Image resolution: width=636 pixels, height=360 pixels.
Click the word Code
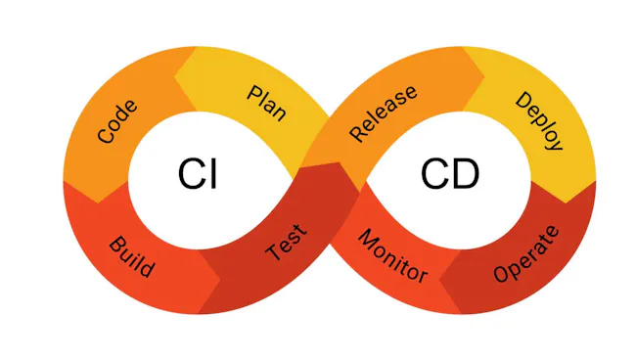point(117,121)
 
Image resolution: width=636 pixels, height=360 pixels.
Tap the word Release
point(384,112)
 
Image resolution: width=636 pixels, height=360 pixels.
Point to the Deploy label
point(538,121)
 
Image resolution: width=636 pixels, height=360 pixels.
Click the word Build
point(130,255)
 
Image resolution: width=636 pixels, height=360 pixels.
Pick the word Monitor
point(391,256)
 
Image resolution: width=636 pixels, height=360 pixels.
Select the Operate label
point(527,253)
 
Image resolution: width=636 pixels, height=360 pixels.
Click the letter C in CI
point(191,174)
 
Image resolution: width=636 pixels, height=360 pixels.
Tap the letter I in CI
point(212,174)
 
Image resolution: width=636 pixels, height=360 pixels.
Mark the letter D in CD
point(464,174)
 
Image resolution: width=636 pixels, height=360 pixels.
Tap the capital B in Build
point(114,241)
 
